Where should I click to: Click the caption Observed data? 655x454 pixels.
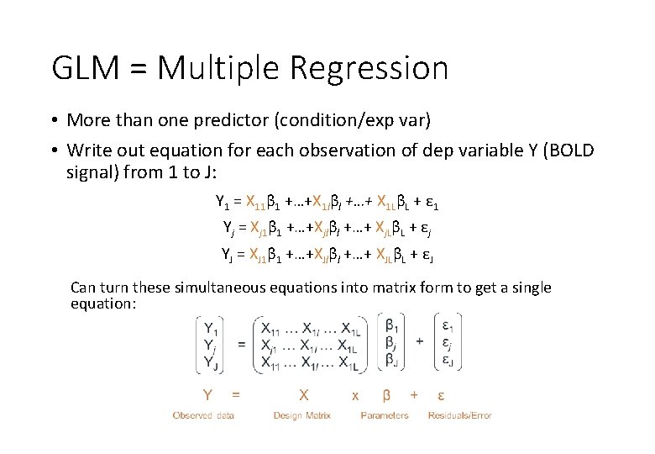[203, 415]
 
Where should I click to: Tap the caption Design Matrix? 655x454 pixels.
[302, 415]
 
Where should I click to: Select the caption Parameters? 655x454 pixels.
[385, 415]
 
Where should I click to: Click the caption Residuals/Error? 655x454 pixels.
[459, 415]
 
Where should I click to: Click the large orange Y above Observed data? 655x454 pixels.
[207, 393]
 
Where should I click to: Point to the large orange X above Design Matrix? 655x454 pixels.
[304, 393]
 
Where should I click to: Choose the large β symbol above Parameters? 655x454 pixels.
[386, 393]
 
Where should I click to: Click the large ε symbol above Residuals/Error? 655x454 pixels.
[442, 393]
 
